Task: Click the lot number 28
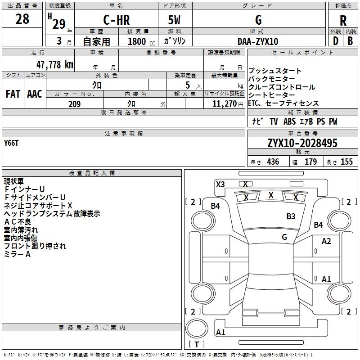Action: pos(22,19)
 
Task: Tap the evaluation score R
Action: pos(343,21)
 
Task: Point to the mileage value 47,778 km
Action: pos(49,64)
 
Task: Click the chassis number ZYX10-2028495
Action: pos(302,143)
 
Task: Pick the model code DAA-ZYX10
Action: pos(258,41)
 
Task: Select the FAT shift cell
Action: pos(13,94)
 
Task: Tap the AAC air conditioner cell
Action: pos(34,94)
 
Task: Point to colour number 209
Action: pos(74,104)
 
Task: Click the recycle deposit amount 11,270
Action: pos(225,104)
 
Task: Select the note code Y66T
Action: pos(12,143)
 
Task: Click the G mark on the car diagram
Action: pos(284,237)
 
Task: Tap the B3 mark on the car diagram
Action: pos(291,216)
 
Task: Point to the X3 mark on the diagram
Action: pos(220,184)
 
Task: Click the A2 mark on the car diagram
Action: pos(326,241)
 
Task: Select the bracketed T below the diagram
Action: pos(196,344)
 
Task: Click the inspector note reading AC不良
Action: pos(18,221)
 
